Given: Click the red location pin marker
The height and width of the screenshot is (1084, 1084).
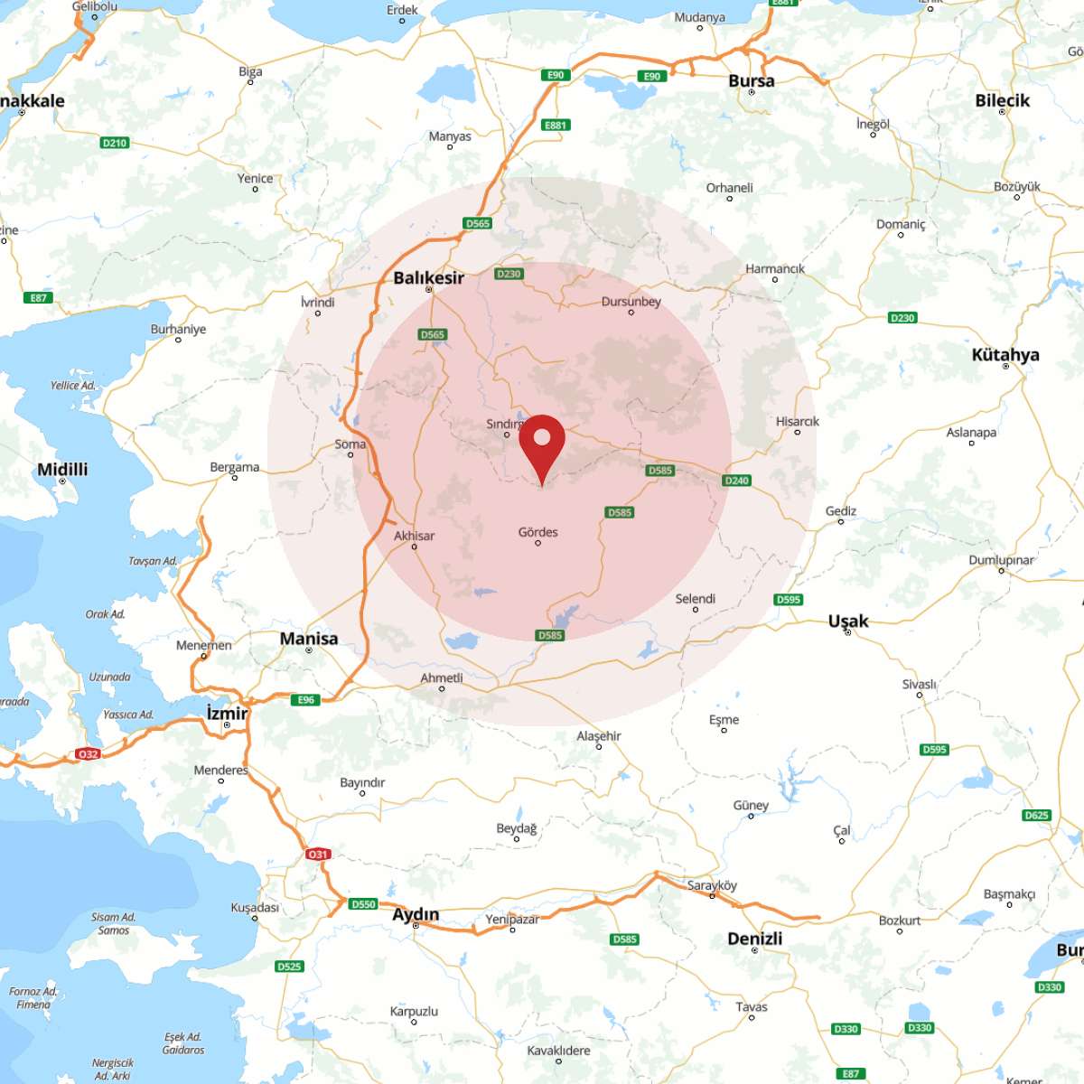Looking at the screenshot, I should [x=542, y=443].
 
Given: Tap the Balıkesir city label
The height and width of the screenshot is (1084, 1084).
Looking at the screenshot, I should [x=428, y=277].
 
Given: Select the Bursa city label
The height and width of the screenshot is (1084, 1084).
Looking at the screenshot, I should [x=751, y=80].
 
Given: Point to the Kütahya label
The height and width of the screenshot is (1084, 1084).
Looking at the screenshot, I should [x=1005, y=354].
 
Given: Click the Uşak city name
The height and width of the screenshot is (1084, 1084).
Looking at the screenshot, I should [x=848, y=621].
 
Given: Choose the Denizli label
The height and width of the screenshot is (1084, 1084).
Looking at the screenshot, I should [x=754, y=939].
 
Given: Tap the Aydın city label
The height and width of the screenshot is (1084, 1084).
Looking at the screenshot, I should [x=416, y=914].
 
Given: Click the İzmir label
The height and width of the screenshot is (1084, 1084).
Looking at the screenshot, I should [x=227, y=713].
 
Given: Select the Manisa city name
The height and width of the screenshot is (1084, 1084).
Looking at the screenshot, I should [x=309, y=639].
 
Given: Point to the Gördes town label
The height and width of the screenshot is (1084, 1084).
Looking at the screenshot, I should [x=537, y=532].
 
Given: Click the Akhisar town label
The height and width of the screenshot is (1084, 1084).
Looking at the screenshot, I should [x=414, y=536].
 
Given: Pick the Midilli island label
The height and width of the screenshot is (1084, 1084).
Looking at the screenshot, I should [x=62, y=469].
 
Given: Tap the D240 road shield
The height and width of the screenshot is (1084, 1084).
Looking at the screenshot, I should [x=737, y=481].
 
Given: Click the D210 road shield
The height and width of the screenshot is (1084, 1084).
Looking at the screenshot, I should [x=115, y=143].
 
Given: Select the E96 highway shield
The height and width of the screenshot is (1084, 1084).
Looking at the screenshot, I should [x=306, y=700].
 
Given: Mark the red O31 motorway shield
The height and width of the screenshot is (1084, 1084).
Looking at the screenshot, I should [x=317, y=854].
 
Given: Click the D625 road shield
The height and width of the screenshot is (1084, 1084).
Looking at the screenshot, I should [x=1036, y=815].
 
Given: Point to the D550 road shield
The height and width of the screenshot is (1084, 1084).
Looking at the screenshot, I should [x=363, y=903].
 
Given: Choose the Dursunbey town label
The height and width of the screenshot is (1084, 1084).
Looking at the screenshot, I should [x=631, y=302].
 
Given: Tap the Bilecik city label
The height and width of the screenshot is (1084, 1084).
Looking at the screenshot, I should [x=1002, y=100].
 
